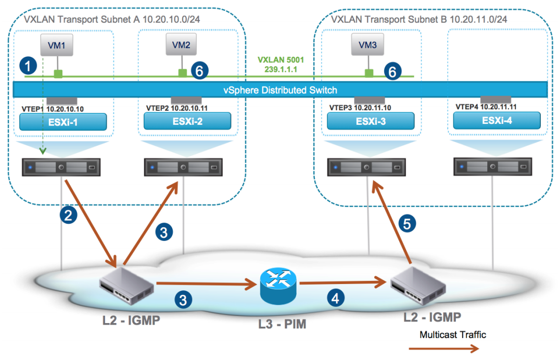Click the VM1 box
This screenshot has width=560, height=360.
coord(57,45)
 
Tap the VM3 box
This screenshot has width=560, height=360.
coord(367,45)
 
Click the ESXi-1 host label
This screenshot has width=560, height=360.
coord(62,123)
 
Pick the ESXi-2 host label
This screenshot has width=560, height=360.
coord(187,123)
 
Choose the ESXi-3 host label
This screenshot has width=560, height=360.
coord(371,122)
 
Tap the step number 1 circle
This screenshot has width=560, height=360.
coord(28,67)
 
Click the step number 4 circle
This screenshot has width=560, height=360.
coord(335,299)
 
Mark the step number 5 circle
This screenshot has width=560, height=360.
coord(407,223)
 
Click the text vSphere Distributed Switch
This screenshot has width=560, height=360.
coord(280,90)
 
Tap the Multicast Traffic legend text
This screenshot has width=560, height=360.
coord(453,335)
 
